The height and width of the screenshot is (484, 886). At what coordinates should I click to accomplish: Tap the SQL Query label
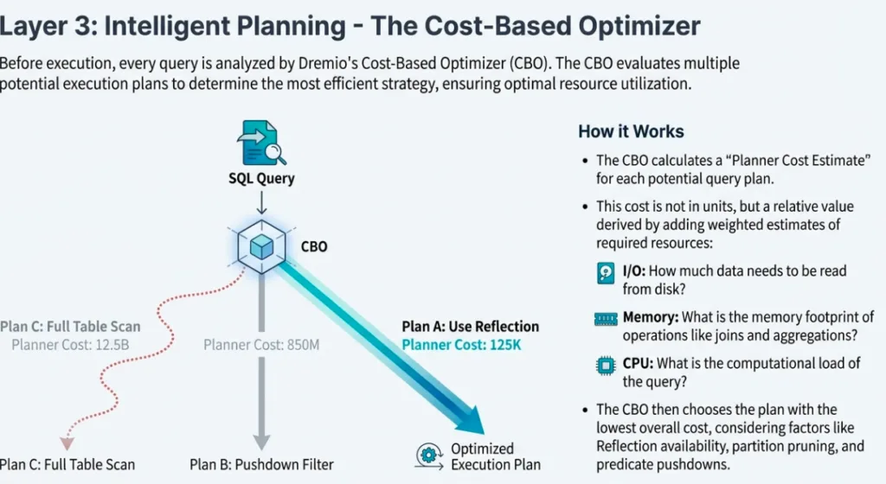click(261, 179)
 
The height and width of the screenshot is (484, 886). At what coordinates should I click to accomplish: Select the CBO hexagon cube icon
click(261, 247)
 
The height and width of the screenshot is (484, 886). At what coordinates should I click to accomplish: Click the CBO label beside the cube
click(314, 246)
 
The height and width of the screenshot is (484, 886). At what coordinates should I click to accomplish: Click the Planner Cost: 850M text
click(261, 345)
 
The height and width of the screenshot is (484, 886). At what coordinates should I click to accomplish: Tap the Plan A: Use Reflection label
click(470, 326)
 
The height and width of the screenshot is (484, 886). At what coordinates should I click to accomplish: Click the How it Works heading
click(631, 131)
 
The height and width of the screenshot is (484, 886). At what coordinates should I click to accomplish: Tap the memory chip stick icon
click(606, 319)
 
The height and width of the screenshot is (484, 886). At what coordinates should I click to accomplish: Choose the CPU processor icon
click(606, 364)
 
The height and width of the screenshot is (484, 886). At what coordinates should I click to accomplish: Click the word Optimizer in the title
click(619, 26)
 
